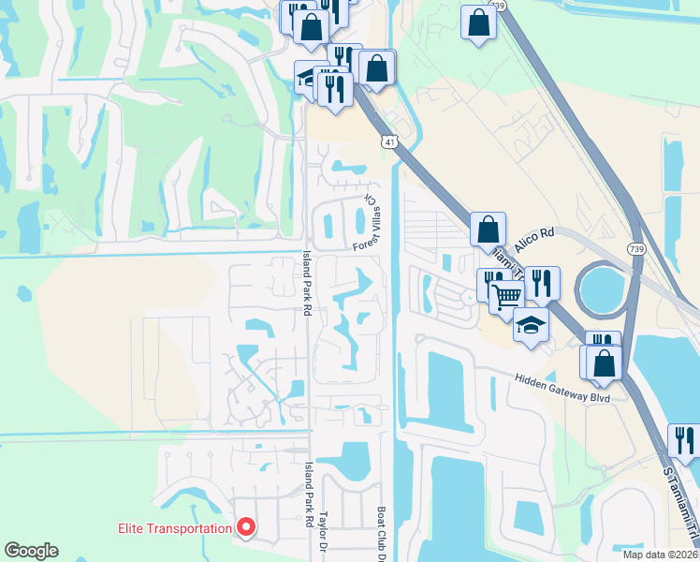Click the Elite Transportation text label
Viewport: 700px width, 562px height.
click(x=174, y=528)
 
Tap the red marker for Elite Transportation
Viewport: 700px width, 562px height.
click(x=246, y=528)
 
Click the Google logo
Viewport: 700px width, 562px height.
click(x=31, y=551)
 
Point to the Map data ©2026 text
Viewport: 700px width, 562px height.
click(x=660, y=554)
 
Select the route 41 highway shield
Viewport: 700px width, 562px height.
click(x=388, y=141)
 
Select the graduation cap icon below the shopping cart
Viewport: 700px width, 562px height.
click(x=531, y=325)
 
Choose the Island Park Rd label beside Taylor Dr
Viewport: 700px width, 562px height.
click(x=309, y=494)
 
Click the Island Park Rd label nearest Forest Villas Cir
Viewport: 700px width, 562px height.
click(x=306, y=281)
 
